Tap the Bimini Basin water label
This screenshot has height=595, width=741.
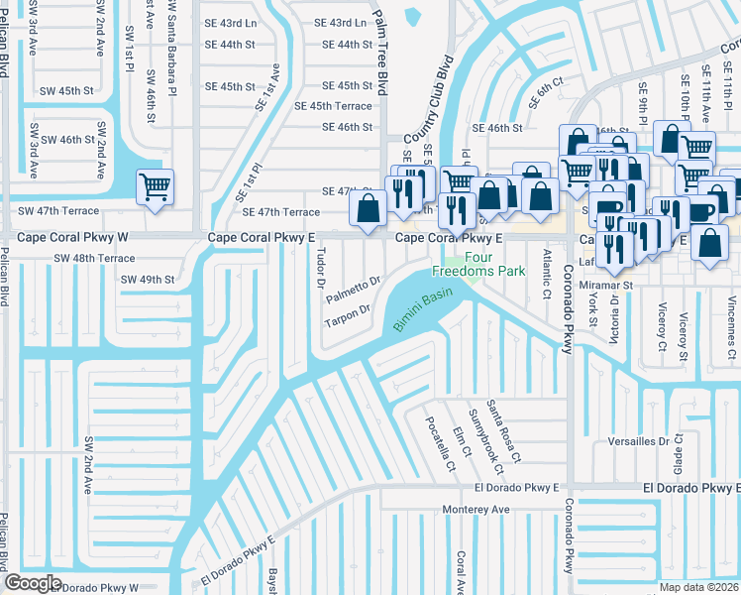(425, 311)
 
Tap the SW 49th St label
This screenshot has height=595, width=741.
(148, 280)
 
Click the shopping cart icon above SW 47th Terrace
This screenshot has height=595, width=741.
(155, 186)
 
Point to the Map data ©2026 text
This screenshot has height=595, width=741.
(699, 587)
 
